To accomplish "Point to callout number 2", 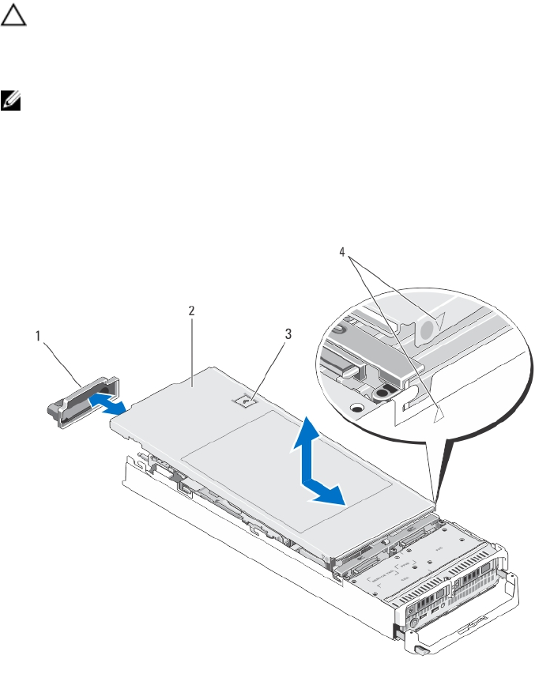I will pos(190,311).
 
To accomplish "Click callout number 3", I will pos(287,334).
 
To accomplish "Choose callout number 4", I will pos(342,252).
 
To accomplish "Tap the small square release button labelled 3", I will pos(247,401).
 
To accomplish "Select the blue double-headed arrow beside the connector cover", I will pos(107,405).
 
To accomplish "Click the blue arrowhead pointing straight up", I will pos(310,431).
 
